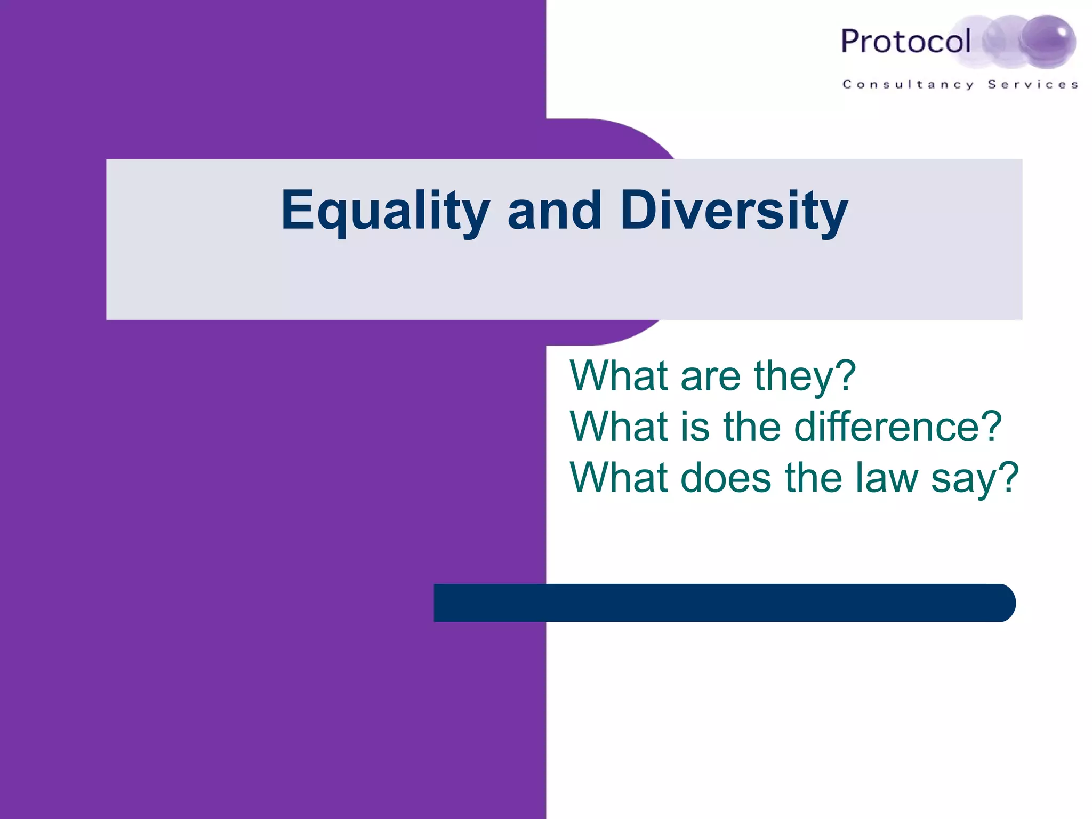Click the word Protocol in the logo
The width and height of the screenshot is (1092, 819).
[905, 42]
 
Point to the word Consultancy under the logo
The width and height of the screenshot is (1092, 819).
[908, 84]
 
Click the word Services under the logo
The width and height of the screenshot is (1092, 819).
[1033, 84]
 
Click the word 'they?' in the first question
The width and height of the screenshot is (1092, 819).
[805, 376]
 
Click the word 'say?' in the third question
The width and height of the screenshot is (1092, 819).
[975, 478]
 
